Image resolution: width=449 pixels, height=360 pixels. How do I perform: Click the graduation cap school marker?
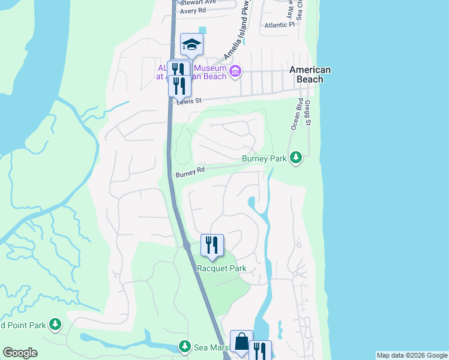191,44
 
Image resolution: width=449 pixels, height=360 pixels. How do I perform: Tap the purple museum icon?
235,72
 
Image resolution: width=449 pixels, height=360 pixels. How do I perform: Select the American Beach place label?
310,74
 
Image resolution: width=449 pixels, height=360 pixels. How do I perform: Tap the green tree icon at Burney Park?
295,158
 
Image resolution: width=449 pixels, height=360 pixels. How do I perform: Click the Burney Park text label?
264,158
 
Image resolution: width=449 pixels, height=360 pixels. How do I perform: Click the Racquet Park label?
222,269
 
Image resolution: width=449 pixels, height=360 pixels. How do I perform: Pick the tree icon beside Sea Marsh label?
184,347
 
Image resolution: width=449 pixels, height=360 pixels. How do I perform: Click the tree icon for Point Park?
55,325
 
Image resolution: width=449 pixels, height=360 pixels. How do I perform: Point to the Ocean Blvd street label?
295,115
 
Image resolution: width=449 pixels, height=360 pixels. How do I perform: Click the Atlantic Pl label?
280,25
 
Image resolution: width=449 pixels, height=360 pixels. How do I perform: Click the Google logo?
20,353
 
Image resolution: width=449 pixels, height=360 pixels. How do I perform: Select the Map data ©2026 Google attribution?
411,355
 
